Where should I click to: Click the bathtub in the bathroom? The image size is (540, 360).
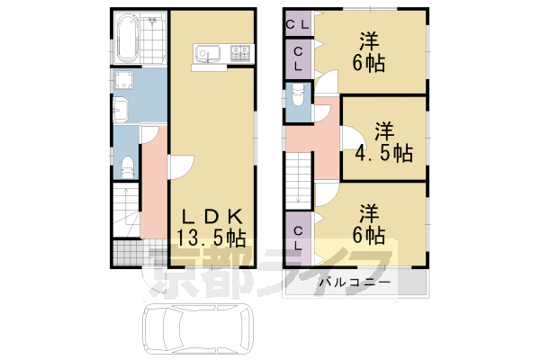pyautogui.click(x=128, y=38)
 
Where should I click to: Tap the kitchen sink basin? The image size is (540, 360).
pyautogui.click(x=208, y=54)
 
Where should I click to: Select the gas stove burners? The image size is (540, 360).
pyautogui.click(x=242, y=53)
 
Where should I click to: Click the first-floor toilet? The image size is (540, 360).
pyautogui.click(x=128, y=166)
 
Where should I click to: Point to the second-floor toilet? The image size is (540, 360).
pyautogui.click(x=298, y=95)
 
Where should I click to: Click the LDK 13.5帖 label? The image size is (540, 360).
pyautogui.click(x=211, y=228)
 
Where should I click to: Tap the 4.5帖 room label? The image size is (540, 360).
pyautogui.click(x=384, y=142)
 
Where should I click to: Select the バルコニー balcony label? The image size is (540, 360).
pyautogui.click(x=355, y=283)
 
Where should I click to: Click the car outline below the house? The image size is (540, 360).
pyautogui.click(x=198, y=328)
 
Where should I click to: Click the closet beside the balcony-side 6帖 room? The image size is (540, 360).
pyautogui.click(x=298, y=238)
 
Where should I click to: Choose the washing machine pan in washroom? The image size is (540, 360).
pyautogui.click(x=123, y=80)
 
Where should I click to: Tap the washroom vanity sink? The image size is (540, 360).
pyautogui.click(x=121, y=110)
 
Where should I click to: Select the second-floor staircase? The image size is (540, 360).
pyautogui.click(x=299, y=180)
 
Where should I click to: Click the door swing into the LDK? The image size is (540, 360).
pyautogui.click(x=182, y=167)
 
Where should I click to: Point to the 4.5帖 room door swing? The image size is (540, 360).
pyautogui.click(x=350, y=138)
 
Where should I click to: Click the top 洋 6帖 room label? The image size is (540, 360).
pyautogui.click(x=368, y=51)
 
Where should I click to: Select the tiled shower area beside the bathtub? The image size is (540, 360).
pyautogui.click(x=153, y=38)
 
